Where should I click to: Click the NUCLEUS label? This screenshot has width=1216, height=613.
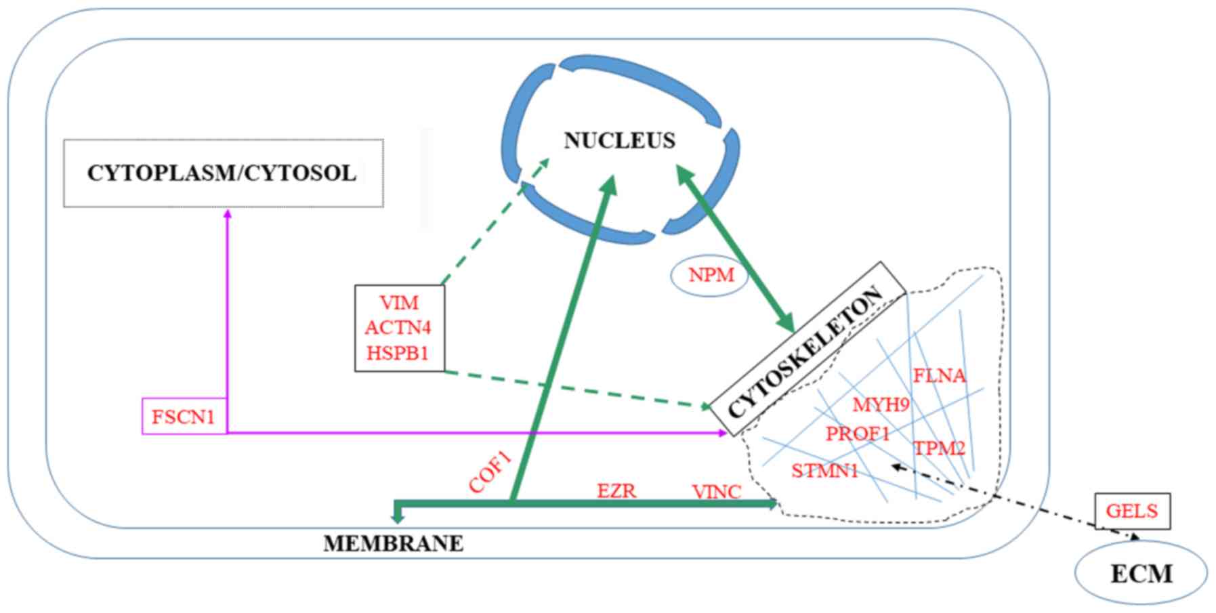(x=619, y=140)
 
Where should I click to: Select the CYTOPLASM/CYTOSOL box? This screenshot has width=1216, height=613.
(x=223, y=173)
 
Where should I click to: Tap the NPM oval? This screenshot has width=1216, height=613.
(x=710, y=276)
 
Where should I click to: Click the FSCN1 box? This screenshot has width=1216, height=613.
(x=183, y=416)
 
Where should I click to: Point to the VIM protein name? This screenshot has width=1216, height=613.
(x=398, y=302)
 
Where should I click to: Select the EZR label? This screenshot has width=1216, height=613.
(x=616, y=490)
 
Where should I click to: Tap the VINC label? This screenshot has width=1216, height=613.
(x=716, y=492)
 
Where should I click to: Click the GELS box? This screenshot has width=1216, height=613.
(x=1131, y=511)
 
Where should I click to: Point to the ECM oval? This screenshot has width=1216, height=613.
(x=1141, y=573)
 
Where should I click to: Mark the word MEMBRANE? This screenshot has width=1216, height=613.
(x=393, y=543)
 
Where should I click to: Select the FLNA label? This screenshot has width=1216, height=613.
(x=939, y=375)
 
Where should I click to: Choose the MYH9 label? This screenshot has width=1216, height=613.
(x=881, y=405)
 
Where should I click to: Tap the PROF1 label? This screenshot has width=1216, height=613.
(x=857, y=434)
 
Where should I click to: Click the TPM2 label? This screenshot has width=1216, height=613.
(x=939, y=448)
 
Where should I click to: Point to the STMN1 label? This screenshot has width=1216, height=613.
(x=824, y=470)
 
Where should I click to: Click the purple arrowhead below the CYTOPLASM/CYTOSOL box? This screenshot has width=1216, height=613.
(x=228, y=214)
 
